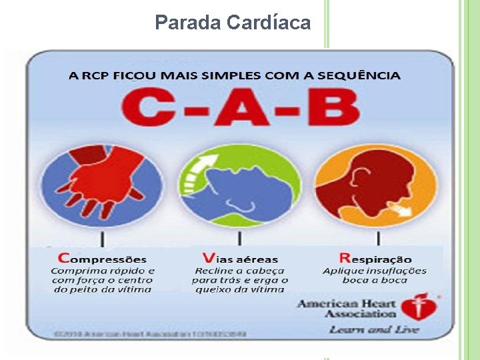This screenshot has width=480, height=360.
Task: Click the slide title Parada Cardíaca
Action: point(233,23)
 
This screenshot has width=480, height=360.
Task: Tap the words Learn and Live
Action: point(373,329)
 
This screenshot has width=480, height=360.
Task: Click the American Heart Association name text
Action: point(347,309)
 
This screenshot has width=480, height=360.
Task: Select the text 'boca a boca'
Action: point(375,281)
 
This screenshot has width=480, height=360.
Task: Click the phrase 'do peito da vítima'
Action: point(103,289)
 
